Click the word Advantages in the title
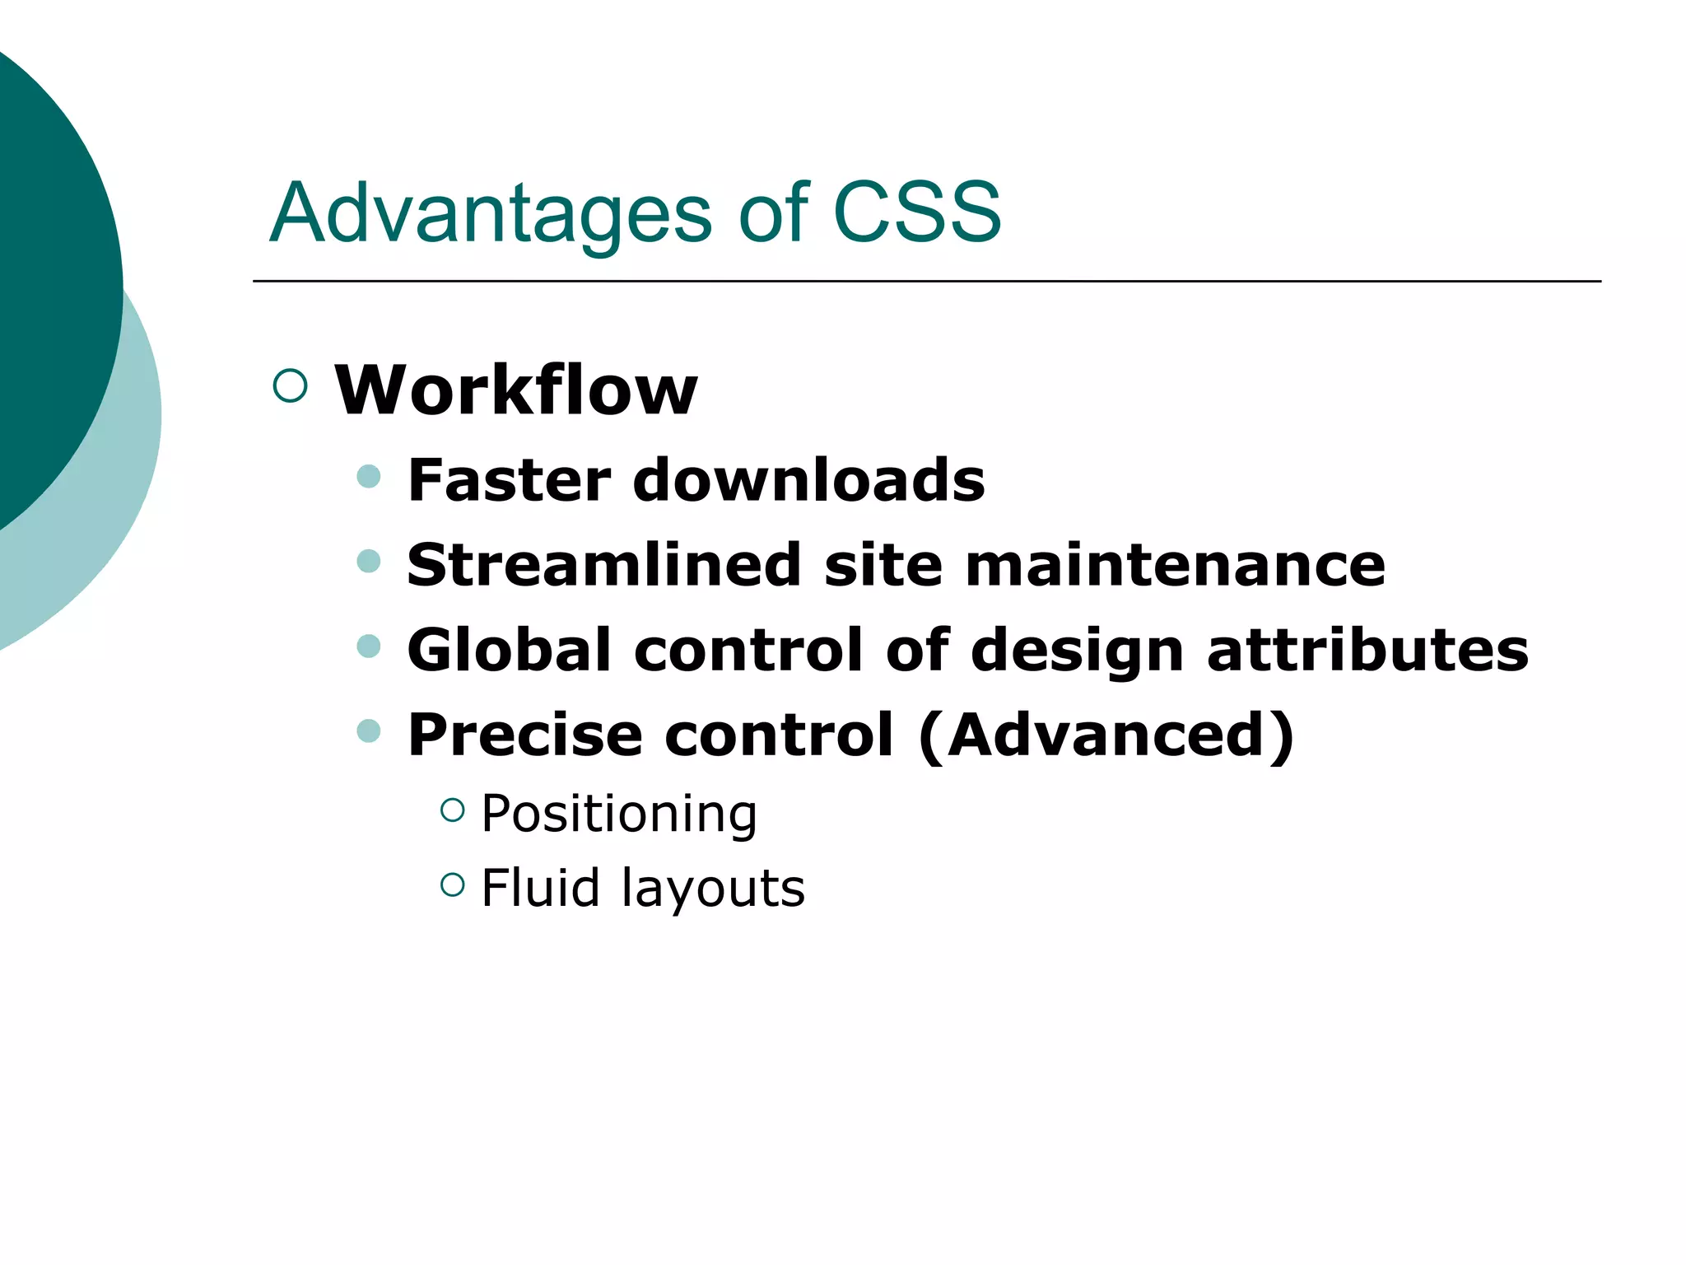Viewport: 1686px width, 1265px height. point(491,214)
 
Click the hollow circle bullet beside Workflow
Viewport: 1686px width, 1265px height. point(290,385)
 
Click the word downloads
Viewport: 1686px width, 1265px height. point(808,480)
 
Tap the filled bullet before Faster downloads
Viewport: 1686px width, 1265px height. point(369,476)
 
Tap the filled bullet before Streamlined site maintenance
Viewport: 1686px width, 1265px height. point(369,561)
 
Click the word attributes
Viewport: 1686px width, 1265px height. point(1367,650)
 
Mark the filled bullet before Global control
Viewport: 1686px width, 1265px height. point(369,646)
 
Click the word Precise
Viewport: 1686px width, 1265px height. point(525,735)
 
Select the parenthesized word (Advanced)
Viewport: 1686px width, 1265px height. point(1106,735)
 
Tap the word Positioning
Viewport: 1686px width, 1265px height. point(619,815)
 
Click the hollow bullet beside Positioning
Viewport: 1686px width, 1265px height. point(453,810)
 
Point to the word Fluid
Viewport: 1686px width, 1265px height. point(540,888)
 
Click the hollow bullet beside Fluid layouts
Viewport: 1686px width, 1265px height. point(453,885)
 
